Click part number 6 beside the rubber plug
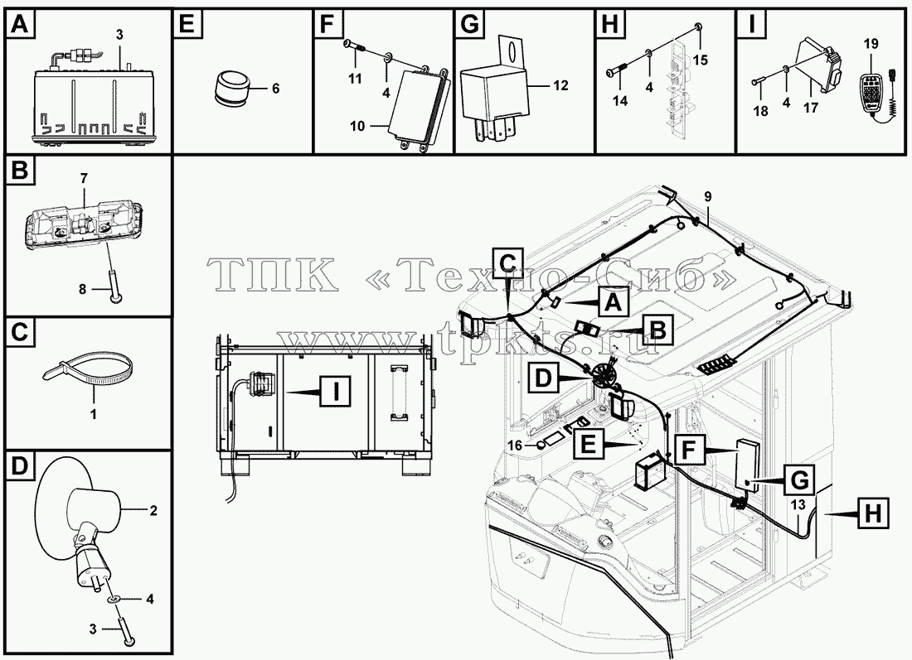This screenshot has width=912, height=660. [x=275, y=89]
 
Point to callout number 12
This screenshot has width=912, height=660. [x=560, y=85]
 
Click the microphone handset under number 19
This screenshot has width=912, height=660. [x=876, y=92]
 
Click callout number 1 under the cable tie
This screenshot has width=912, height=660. [x=93, y=414]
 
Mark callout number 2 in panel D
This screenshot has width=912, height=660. [x=153, y=511]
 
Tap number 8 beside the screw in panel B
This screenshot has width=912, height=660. [x=82, y=288]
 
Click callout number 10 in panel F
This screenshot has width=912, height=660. [x=358, y=126]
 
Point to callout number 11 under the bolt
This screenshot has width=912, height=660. [x=355, y=79]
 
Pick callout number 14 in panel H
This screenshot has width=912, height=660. [x=620, y=100]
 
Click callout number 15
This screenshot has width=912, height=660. [x=701, y=60]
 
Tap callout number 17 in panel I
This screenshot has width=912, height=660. [x=811, y=108]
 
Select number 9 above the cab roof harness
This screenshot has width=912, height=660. [x=707, y=196]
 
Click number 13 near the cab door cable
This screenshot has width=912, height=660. [x=798, y=504]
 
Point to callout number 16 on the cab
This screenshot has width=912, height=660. [x=515, y=445]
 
